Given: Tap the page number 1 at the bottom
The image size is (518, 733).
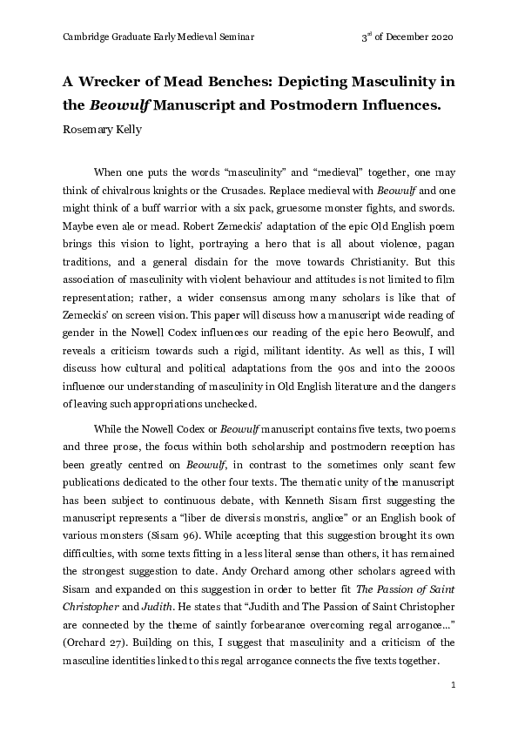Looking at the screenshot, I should (x=454, y=686).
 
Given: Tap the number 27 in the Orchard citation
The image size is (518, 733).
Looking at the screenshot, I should (x=118, y=640).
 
